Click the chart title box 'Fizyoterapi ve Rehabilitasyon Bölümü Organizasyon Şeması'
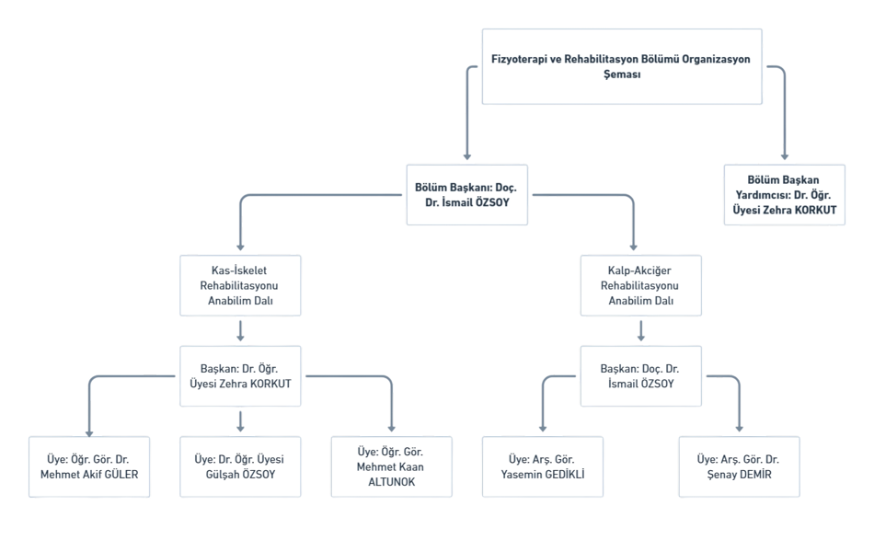point(622,66)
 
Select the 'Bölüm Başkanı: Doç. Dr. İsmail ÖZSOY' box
point(467,194)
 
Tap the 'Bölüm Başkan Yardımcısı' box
point(784,194)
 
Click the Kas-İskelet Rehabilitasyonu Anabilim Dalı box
point(240,285)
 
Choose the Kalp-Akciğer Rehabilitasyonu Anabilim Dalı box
point(641,285)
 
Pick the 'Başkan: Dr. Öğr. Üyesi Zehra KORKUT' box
point(240,376)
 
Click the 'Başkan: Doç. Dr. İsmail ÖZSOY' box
point(641,376)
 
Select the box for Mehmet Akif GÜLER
point(89,467)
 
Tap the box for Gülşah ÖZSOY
point(240,467)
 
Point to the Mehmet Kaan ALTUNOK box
point(391,467)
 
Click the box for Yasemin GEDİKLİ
point(543,467)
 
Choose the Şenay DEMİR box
point(739,467)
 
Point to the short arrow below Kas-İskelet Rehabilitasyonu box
point(240,330)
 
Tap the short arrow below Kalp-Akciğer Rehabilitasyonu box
point(641,330)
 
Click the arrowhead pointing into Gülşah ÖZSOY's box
point(240,429)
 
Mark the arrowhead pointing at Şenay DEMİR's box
point(739,429)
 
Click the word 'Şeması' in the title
point(622,75)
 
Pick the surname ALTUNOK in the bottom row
point(391,482)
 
